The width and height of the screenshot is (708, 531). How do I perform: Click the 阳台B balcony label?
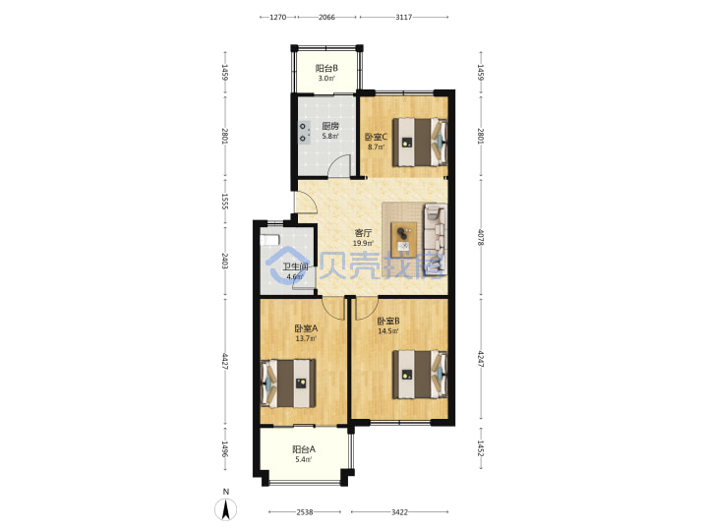tap(326, 68)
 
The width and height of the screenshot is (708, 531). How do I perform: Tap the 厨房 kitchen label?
tap(330, 126)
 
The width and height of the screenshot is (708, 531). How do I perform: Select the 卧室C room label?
tap(376, 137)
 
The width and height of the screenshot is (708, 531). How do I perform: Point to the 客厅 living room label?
tap(363, 233)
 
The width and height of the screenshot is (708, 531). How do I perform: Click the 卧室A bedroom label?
tap(306, 328)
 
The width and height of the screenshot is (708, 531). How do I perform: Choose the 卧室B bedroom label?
tap(388, 321)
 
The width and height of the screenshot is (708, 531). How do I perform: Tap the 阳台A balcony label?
tap(304, 449)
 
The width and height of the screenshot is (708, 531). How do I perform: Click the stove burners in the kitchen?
tap(304, 133)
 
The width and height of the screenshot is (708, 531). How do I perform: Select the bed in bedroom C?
tap(420, 142)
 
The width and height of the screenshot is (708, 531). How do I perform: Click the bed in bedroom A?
tap(288, 383)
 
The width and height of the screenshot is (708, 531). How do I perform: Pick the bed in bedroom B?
tap(420, 375)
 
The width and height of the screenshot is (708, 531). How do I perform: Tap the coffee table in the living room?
tap(404, 238)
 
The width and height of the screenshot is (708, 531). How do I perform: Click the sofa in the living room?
tap(436, 238)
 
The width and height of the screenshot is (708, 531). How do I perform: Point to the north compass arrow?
tap(226, 509)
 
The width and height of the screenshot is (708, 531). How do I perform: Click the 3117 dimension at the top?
tap(404, 17)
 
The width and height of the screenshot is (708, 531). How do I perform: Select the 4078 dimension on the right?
tap(481, 237)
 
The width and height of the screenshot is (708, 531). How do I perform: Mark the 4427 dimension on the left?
tap(225, 361)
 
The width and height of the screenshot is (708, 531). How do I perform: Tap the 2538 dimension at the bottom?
tap(305, 512)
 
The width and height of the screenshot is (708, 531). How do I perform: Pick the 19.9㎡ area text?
tap(363, 243)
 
